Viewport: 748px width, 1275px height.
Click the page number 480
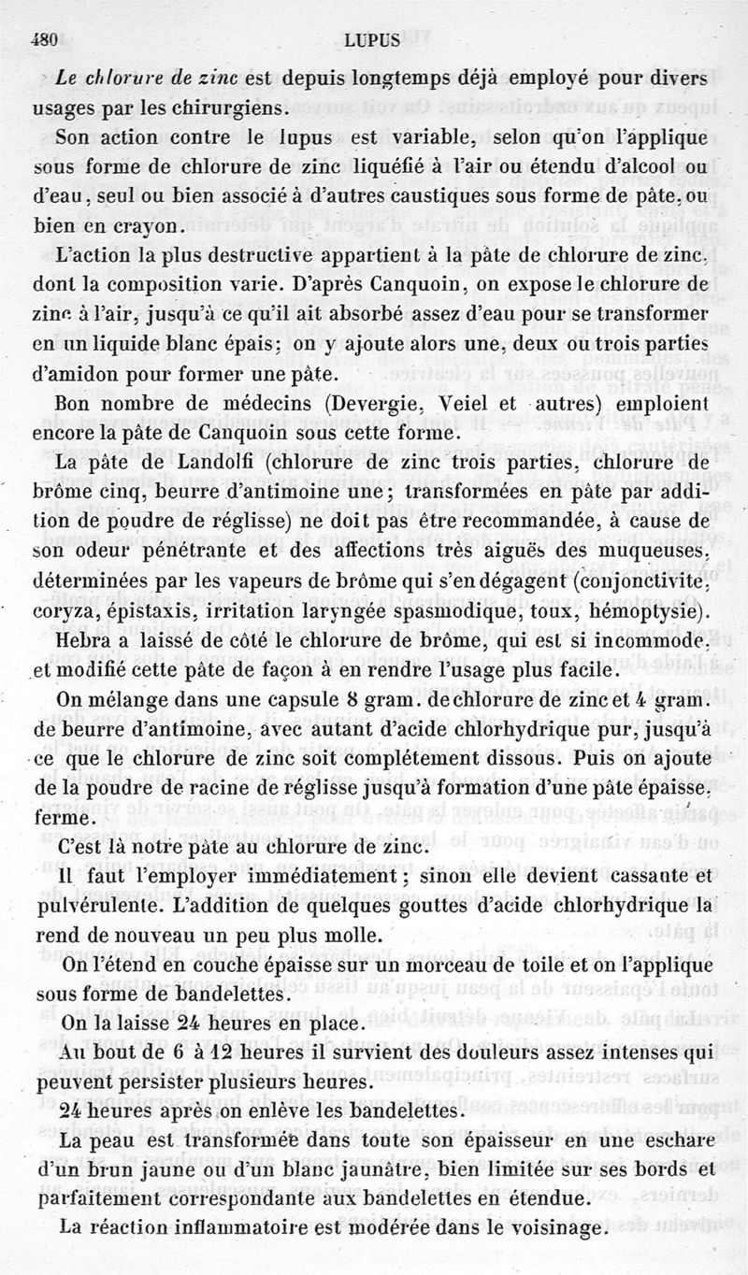click(x=45, y=40)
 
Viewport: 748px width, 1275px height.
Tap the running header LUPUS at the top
click(x=372, y=40)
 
